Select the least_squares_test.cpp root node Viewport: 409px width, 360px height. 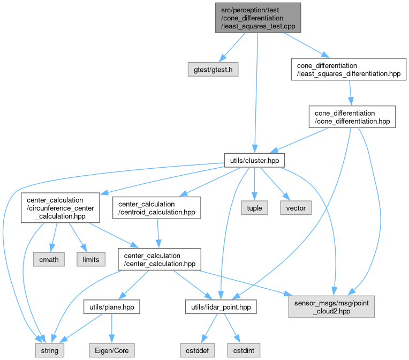point(257,18)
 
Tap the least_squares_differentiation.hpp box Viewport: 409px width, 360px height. point(349,70)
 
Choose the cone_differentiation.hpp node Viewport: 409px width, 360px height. point(352,117)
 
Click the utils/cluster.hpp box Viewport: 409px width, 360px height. point(254,160)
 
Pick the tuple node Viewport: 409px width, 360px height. point(254,208)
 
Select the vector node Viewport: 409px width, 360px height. point(296,208)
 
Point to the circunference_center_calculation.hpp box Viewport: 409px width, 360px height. point(60,208)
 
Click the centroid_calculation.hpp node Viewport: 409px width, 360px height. point(156,208)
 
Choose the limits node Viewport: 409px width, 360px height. point(92,259)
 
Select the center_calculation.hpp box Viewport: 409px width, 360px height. point(158,259)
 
